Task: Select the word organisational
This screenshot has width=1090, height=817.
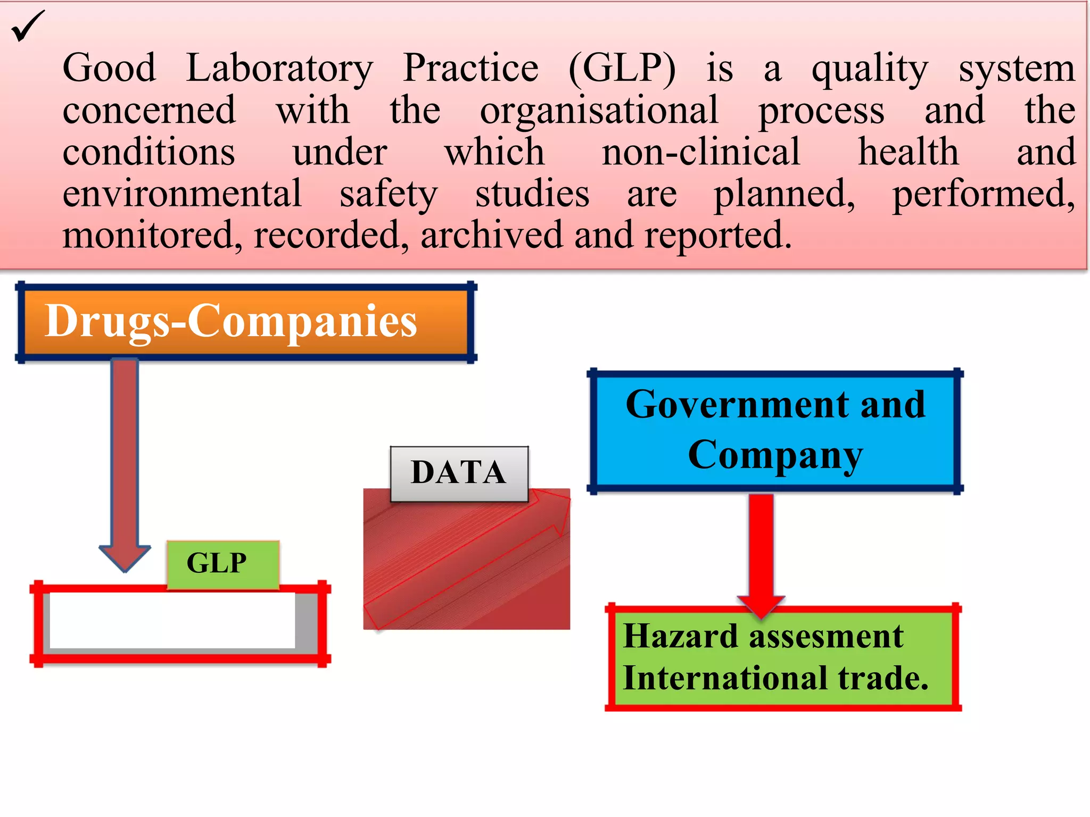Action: (x=599, y=111)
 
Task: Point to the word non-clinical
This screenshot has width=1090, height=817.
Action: (x=701, y=152)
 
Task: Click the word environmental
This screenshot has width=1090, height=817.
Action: (x=182, y=194)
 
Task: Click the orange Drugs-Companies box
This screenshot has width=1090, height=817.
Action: (x=246, y=322)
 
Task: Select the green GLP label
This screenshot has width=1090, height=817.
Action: (x=222, y=564)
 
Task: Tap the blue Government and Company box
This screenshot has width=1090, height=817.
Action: (x=775, y=431)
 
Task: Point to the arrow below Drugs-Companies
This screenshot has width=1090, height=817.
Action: (x=125, y=463)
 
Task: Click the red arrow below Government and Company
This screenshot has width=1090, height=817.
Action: (x=761, y=553)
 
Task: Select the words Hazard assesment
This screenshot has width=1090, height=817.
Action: (x=763, y=636)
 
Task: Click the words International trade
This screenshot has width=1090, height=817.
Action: (x=775, y=679)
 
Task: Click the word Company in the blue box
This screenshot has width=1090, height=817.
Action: (x=775, y=455)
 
